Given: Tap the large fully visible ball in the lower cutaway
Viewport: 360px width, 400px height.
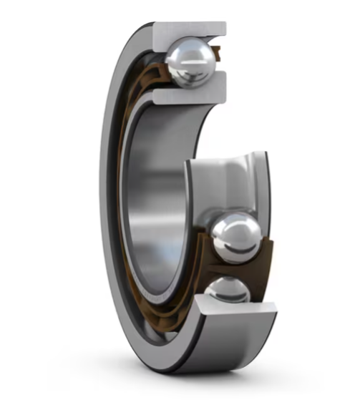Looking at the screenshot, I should tap(237, 236).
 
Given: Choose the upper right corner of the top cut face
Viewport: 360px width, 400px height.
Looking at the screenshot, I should tap(223, 24).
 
